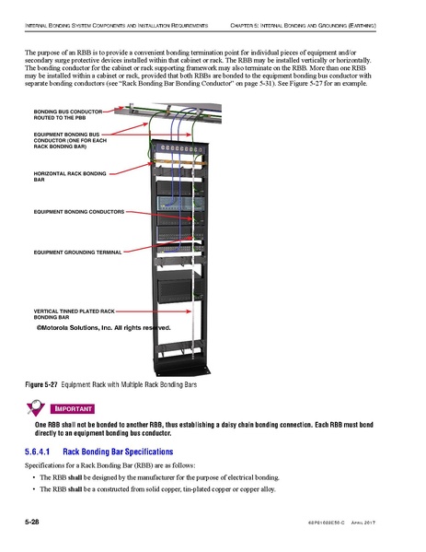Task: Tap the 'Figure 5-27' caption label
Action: click(x=40, y=383)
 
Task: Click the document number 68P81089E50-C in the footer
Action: click(x=342, y=523)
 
